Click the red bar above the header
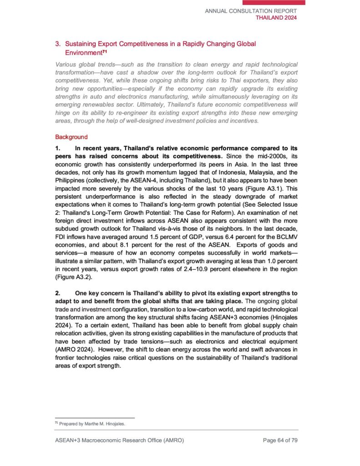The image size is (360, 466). click(273, 2)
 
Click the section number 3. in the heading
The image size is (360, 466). click(58, 44)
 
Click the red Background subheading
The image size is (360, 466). click(71, 137)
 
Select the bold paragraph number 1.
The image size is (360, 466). click(57, 148)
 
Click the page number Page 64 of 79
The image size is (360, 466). click(280, 440)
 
